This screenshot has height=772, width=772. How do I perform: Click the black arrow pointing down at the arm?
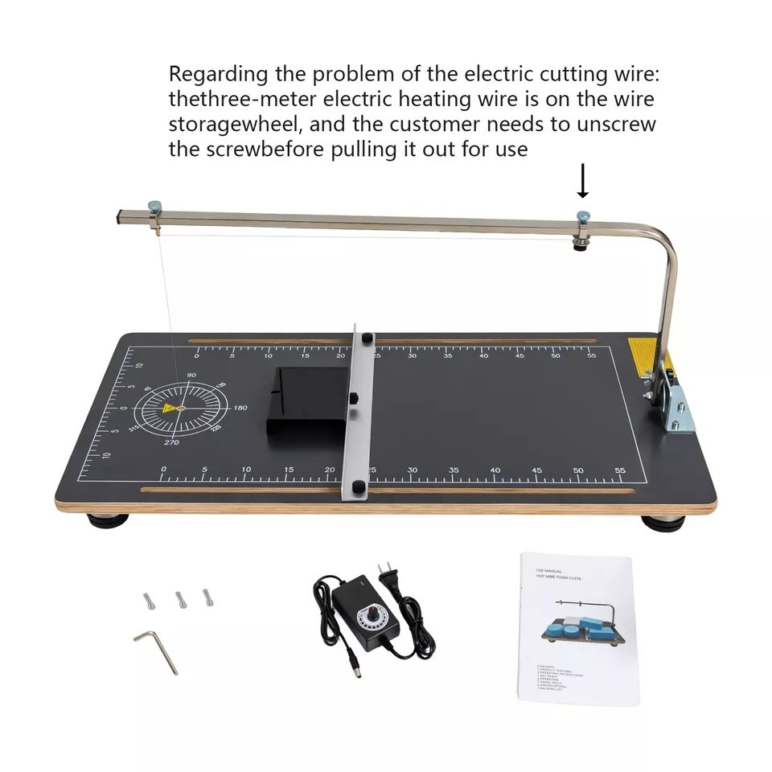[583, 182]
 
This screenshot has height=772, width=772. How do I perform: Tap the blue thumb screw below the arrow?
[583, 216]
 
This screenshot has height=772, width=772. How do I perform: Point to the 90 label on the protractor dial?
[191, 376]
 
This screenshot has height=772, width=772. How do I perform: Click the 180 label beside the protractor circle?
[240, 408]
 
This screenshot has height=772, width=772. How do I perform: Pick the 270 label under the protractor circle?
[171, 442]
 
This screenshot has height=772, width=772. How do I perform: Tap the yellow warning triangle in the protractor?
[170, 409]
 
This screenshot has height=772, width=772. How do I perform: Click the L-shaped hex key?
[157, 648]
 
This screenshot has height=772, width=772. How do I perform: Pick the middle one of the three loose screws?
[179, 599]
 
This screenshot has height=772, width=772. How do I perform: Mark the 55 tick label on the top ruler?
[592, 355]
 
